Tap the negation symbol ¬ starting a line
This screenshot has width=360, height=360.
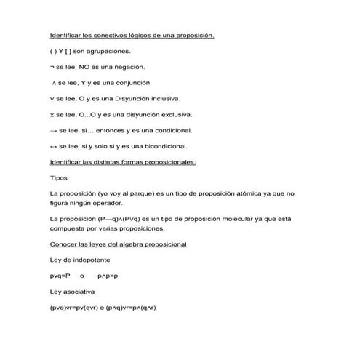point(52,67)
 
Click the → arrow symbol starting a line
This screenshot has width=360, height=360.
point(53,131)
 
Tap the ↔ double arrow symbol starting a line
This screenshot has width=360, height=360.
point(53,146)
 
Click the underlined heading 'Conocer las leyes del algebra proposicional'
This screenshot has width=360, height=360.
point(118,244)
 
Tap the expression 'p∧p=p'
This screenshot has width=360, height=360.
point(108,276)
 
